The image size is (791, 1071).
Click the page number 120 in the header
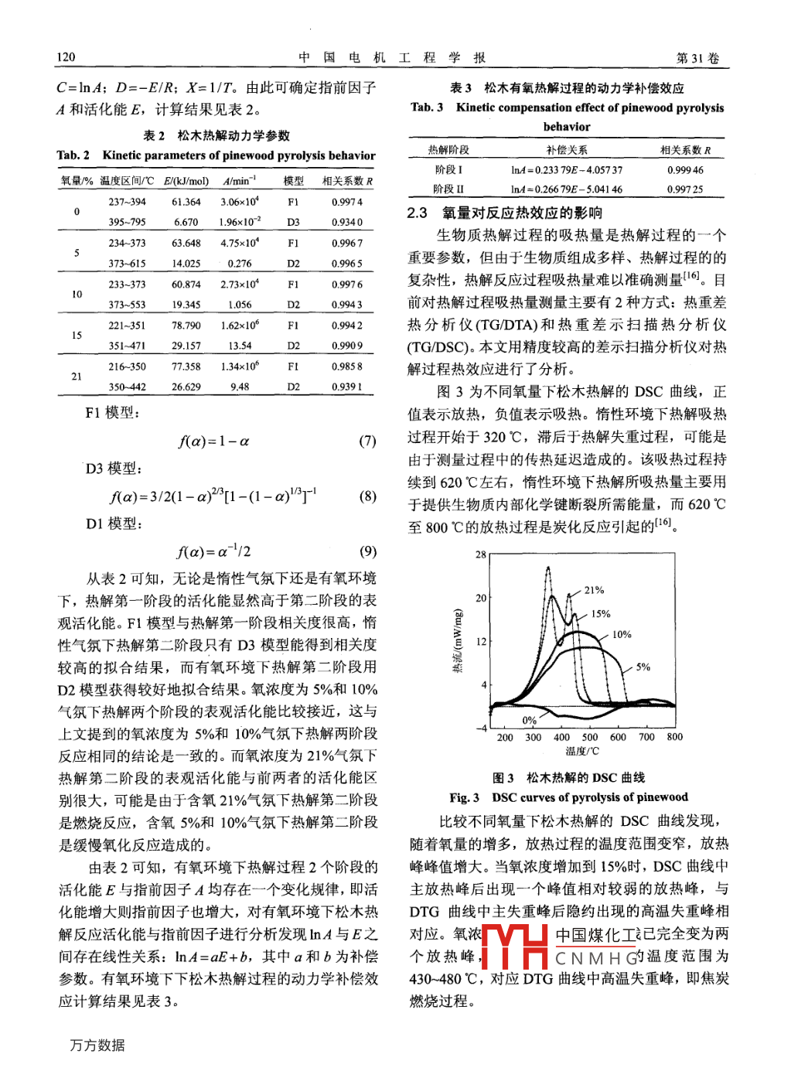pos(66,56)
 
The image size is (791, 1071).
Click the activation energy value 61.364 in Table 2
pos(186,202)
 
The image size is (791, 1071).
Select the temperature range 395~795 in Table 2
pos(127,222)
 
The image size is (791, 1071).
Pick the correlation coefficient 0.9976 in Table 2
pos(346,284)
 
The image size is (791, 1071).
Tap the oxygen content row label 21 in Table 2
pos(77,377)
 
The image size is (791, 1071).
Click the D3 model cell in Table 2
pos(293,222)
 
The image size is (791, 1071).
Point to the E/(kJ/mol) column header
pos(186,181)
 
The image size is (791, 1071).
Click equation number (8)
pos(367,496)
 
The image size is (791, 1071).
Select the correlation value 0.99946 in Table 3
pos(685,170)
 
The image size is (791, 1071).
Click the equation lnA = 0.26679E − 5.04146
pos(566,189)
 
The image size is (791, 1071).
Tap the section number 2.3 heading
pos(417,213)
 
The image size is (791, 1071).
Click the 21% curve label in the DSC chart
pos(594,590)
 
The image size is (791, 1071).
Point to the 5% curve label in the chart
pos(643,667)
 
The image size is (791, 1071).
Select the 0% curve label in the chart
pos(529,720)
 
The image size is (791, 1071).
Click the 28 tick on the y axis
pos(481,554)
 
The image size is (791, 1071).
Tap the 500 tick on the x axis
pos(590,737)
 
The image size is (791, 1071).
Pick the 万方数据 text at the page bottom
pos(97,1045)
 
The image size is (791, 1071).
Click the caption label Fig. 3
pos(464,797)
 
